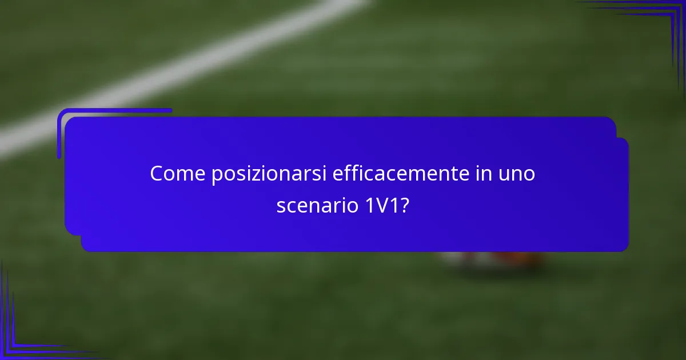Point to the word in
pyautogui.click(x=468, y=174)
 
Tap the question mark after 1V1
pyautogui.click(x=404, y=205)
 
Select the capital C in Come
pyautogui.click(x=156, y=174)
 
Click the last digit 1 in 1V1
pyautogui.click(x=393, y=205)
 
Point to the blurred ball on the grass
pyautogui.click(x=492, y=260)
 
